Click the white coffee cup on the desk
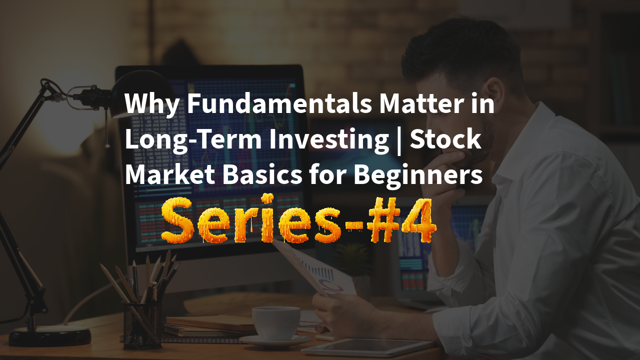tap(275, 322)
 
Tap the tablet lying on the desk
tap(370, 346)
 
